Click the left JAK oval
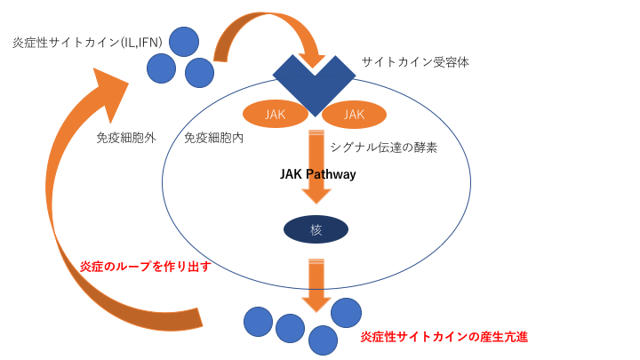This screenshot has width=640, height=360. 276,114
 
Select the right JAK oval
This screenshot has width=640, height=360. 354,114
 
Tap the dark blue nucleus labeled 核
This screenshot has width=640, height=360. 316,229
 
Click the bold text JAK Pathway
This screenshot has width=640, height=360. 317,174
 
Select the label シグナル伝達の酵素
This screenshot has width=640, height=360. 383,147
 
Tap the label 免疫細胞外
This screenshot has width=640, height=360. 126,138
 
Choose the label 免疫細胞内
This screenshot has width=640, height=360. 214,138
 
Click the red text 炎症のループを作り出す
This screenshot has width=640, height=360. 145,266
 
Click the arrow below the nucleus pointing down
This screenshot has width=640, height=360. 316,284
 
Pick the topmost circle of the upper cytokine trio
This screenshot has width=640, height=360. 184,41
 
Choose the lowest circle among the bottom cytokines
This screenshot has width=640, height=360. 323,340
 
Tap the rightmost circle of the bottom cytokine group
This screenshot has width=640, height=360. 346,312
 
